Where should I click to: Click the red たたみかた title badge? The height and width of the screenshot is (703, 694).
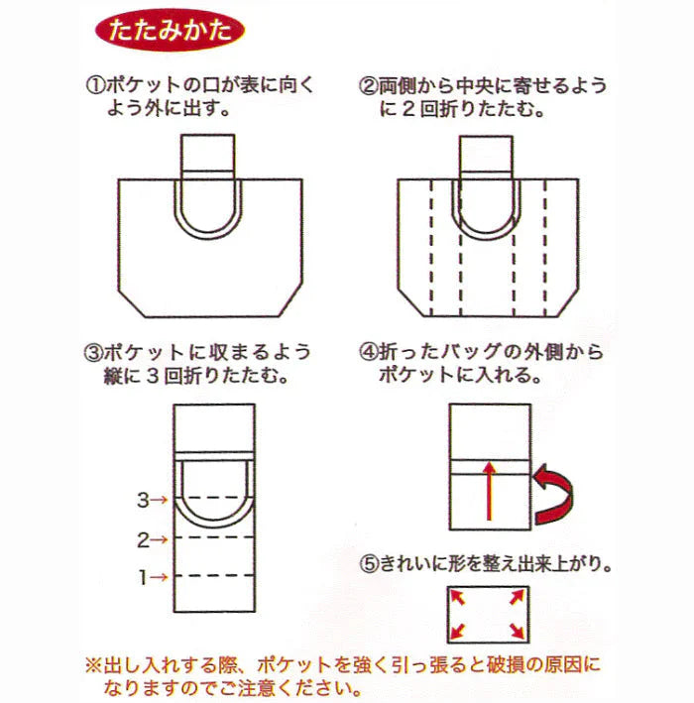[168, 29]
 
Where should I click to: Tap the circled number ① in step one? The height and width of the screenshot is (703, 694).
[96, 86]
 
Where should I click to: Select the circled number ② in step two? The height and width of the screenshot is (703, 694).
[367, 86]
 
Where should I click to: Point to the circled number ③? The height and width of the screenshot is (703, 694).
[96, 353]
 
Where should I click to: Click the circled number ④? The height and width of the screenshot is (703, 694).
[367, 353]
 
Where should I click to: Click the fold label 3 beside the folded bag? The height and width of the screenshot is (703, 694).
[142, 500]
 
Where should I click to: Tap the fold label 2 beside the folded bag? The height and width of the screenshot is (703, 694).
[142, 539]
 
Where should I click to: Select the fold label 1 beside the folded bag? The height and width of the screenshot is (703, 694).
[142, 576]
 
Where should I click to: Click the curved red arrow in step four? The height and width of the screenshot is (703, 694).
[556, 493]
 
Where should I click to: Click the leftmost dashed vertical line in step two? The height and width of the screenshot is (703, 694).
[429, 248]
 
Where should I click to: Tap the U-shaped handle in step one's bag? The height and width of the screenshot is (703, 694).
[209, 223]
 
